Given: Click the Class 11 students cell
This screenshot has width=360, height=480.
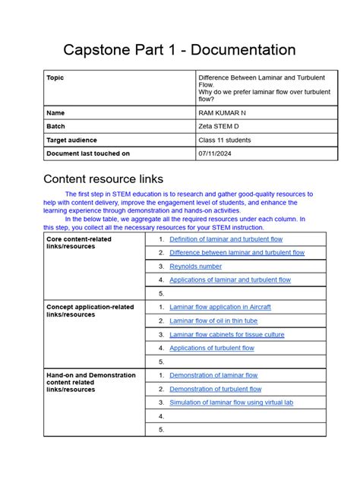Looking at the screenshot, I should coord(225,140).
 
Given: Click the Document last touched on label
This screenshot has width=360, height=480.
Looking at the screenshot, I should coord(88,153).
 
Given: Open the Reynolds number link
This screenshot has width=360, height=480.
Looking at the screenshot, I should coord(196,267).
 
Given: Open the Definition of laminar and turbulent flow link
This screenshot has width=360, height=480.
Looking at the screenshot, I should coord(226,239).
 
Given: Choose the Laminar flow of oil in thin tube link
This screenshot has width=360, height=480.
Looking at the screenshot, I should coord(216,321).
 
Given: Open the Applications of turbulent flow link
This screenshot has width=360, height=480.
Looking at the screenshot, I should coord(212,348).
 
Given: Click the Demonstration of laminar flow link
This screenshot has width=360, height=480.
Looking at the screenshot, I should coord(213,375).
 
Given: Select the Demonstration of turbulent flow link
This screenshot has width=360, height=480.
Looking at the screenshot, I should coord(216,389).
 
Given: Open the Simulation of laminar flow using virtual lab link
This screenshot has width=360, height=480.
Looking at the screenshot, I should coord(231,403).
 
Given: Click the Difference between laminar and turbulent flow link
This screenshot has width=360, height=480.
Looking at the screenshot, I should coord(237,253).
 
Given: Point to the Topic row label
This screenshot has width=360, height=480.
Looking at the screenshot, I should coord(55,77).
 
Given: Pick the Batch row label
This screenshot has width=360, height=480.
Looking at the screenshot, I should coord(57,126).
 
